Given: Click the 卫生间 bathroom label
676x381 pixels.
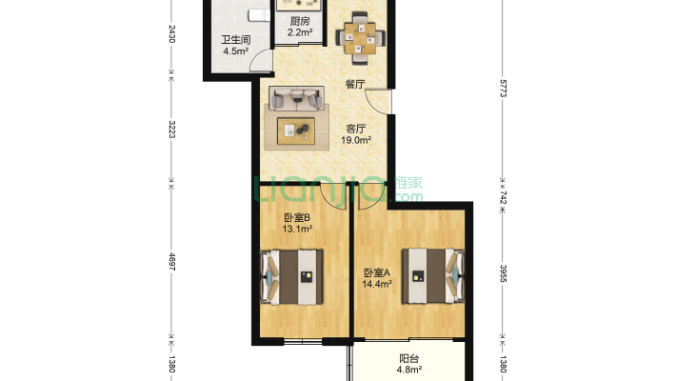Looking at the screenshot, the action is click(x=236, y=40).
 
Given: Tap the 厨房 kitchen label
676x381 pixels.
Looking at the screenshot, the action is click(x=300, y=21).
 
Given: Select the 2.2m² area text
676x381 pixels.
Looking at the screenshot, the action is click(x=300, y=32).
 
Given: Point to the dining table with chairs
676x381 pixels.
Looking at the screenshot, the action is click(x=360, y=38).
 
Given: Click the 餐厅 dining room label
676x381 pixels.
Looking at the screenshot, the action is click(x=355, y=84).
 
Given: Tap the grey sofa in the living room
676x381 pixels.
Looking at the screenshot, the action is click(x=297, y=98).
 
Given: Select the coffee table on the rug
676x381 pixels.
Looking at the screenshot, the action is click(x=296, y=130).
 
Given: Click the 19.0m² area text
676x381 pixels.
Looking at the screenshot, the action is click(x=356, y=140).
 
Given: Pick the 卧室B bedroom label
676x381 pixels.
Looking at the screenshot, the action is click(x=297, y=218).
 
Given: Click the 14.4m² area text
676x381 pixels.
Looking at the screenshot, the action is click(x=377, y=284).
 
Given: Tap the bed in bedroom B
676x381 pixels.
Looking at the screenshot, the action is click(x=291, y=277).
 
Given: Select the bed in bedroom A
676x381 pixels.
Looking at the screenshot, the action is click(x=433, y=275).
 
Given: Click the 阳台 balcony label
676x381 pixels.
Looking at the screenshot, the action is click(x=408, y=358).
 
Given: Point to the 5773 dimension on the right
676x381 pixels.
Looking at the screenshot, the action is click(x=503, y=89).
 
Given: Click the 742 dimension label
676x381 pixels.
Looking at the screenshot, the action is click(x=503, y=197).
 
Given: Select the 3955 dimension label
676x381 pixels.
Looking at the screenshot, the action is click(x=503, y=273).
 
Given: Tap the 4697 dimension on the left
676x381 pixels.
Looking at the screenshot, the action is click(x=171, y=262).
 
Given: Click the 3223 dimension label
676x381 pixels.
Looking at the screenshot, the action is click(x=171, y=129).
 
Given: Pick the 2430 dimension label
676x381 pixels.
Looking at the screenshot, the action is click(x=171, y=33).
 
